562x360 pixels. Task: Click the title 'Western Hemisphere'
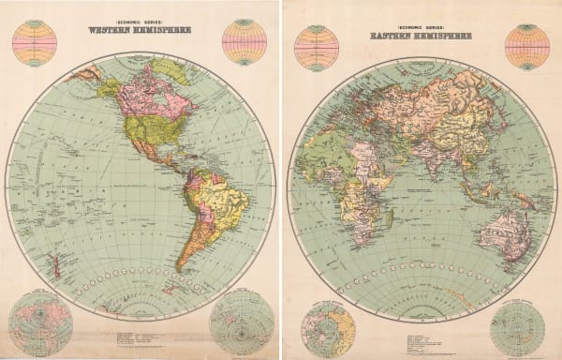[140, 28]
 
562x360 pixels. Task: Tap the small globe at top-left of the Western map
[35, 42]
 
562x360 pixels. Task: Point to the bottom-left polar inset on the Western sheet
[40, 323]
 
